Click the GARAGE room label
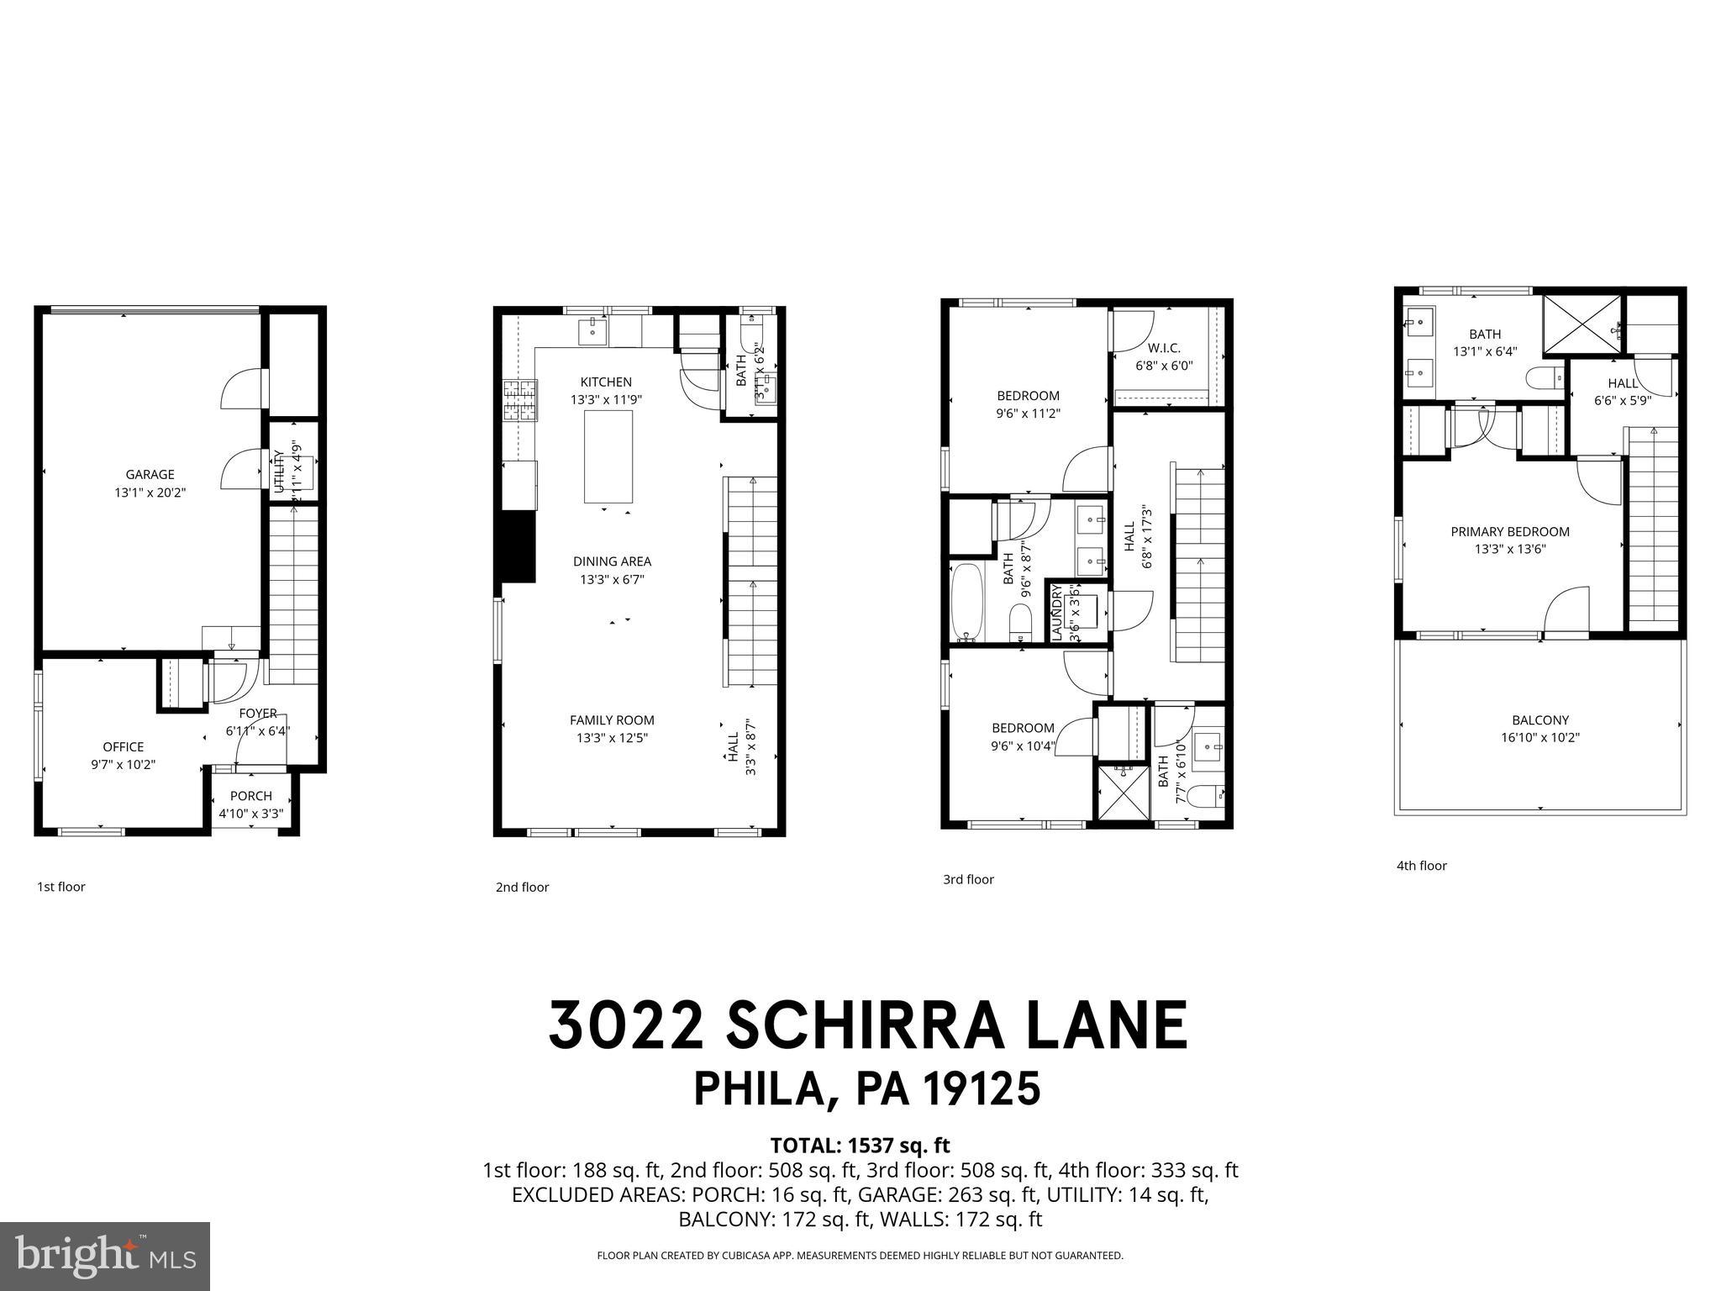point(150,475)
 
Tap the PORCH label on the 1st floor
point(250,796)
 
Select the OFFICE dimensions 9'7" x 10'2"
point(124,765)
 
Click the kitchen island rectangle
point(608,456)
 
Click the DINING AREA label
point(612,561)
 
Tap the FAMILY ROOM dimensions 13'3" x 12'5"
point(612,738)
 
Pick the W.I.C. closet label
point(1164,348)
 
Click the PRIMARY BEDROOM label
point(1510,531)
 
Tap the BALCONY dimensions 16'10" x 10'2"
point(1540,738)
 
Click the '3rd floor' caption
point(968,879)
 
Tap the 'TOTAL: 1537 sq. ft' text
point(860,1145)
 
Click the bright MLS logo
point(105,1256)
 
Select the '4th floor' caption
point(1421,866)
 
